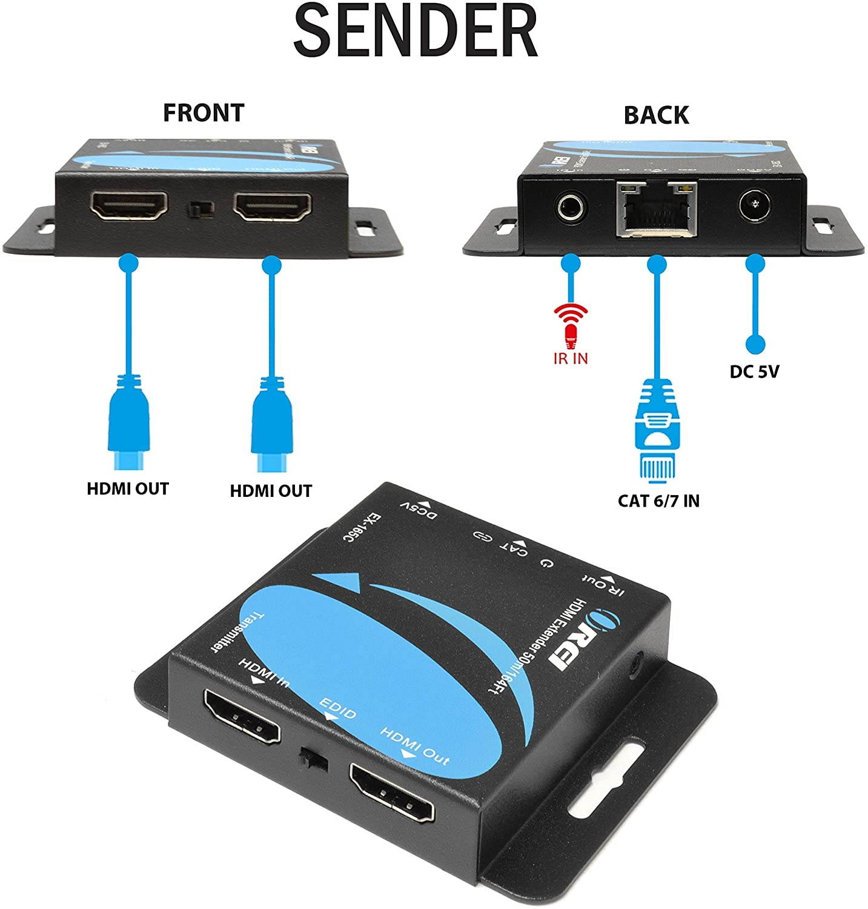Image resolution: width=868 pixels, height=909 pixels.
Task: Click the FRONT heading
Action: point(203,113)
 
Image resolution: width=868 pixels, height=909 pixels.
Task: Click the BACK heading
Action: point(656,115)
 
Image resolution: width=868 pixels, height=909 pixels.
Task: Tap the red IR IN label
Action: point(571,358)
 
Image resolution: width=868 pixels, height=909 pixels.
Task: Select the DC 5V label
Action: point(754,371)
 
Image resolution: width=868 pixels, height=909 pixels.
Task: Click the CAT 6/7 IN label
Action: point(658,501)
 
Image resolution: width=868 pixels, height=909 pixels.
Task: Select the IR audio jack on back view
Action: point(571,210)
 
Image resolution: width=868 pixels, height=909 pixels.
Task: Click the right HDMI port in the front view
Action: point(273,207)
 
